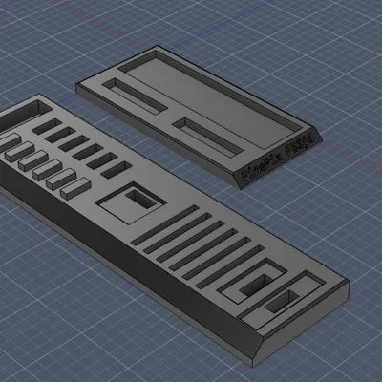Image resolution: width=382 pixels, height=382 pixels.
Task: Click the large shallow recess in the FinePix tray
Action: (x=206, y=91)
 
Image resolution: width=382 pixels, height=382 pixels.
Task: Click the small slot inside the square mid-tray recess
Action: (x=138, y=200)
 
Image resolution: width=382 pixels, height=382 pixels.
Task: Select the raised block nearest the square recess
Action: (x=74, y=188)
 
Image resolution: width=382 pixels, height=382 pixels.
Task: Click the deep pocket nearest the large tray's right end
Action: (x=285, y=304)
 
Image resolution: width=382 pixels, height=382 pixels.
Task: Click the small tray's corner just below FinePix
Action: (x=240, y=186)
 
